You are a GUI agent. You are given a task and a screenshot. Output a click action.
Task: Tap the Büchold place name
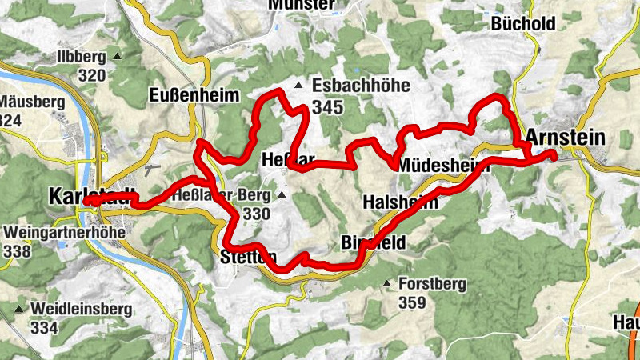click(523, 24)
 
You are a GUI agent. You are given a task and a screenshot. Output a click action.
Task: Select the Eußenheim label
click(194, 96)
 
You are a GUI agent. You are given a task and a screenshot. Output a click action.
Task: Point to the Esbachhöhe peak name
click(361, 85)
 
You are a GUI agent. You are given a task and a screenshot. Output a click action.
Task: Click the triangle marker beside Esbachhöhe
click(299, 85)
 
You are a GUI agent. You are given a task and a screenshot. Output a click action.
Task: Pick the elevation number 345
click(328, 106)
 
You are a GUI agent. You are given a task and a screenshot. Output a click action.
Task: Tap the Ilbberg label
click(82, 56)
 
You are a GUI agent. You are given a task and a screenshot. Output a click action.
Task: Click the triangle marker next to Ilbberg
click(117, 56)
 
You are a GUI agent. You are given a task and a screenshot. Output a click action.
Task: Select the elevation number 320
click(93, 76)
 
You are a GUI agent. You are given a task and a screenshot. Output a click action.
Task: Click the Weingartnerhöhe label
click(57, 232)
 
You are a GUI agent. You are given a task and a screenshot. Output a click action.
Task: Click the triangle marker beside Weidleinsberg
click(18, 308)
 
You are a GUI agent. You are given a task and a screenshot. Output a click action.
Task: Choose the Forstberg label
click(432, 282)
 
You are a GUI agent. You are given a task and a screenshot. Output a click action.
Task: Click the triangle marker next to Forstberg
click(388, 282)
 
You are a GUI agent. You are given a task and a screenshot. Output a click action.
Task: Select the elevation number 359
click(412, 303)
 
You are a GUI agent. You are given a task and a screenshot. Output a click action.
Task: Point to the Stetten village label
click(248, 257)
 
